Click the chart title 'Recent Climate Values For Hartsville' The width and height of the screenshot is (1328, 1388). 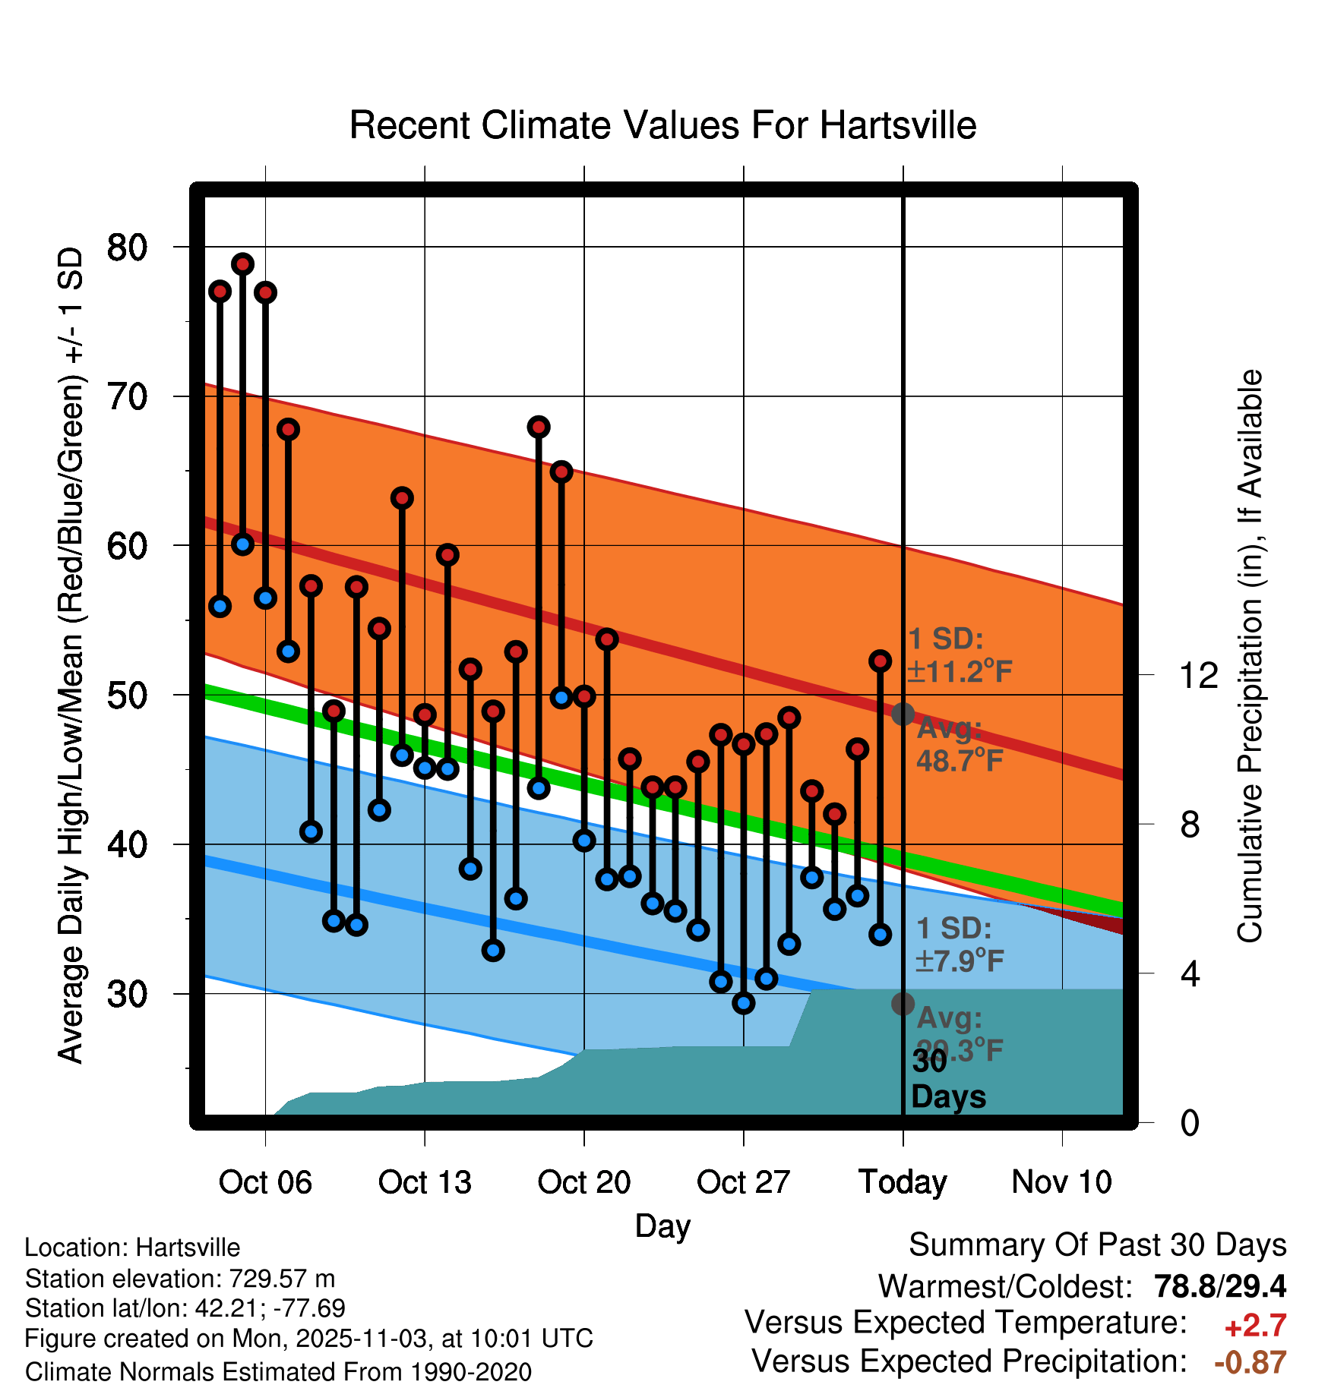pos(662,125)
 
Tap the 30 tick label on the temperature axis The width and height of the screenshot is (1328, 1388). pos(127,994)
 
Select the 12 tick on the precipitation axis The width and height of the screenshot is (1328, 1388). pos(1199,675)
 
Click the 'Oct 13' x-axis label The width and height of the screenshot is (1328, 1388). pos(425,1182)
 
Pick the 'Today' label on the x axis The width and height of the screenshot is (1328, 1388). pos(903,1182)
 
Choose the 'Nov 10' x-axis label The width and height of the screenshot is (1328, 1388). pos(1061,1182)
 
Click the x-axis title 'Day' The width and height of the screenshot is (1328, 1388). pos(662,1226)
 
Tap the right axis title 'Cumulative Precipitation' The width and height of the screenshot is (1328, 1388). pos(1250,656)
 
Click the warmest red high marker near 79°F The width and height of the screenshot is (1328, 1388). pos(242,264)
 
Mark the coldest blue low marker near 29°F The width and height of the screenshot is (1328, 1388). pos(744,1003)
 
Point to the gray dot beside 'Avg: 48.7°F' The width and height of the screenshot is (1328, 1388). pos(903,714)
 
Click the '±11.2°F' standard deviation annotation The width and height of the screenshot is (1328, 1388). pos(960,672)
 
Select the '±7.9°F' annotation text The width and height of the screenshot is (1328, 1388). pos(960,961)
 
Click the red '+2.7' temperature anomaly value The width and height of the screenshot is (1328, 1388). pos(1255,1326)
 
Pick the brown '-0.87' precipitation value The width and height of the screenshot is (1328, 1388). pos(1250,1362)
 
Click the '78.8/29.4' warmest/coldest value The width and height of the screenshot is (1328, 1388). pos(1219,1286)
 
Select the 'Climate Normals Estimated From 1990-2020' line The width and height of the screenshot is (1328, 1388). pos(278,1372)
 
